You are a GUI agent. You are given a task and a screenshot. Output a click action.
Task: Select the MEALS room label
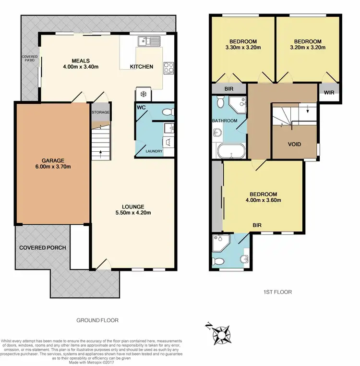pyautogui.click(x=80, y=61)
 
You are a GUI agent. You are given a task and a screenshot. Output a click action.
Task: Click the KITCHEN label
pyautogui.click(x=143, y=67)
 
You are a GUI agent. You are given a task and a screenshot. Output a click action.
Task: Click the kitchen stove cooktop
pyautogui.click(x=168, y=68)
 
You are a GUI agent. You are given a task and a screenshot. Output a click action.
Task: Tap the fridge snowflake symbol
pyautogui.click(x=143, y=94)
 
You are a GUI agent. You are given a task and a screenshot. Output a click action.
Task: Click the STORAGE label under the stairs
pyautogui.click(x=101, y=112)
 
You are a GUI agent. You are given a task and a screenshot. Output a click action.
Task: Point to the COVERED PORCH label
pyautogui.click(x=42, y=248)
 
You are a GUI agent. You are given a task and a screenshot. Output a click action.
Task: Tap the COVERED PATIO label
pyautogui.click(x=29, y=58)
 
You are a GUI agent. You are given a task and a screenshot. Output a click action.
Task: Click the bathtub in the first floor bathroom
pyautogui.click(x=231, y=151)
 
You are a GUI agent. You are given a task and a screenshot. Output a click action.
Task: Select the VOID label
pyautogui.click(x=294, y=144)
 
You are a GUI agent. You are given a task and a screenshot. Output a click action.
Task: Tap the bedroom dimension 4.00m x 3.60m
pyautogui.click(x=262, y=200)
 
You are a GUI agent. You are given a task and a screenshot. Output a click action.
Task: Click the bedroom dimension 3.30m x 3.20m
pyautogui.click(x=243, y=48)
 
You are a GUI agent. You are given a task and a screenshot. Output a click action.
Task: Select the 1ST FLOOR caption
pyautogui.click(x=277, y=292)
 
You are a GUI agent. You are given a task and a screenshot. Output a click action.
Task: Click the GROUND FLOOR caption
pyautogui.click(x=97, y=320)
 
